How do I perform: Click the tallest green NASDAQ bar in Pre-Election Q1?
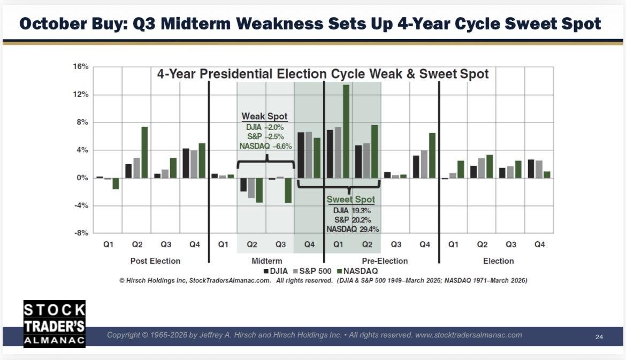(x=346, y=131)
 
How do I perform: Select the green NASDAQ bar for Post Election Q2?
(x=144, y=152)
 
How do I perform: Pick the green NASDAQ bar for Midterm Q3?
(x=288, y=190)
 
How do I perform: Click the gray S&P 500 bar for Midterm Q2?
(x=251, y=188)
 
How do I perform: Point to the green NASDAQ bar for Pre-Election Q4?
(x=432, y=156)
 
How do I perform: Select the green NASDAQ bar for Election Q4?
(x=547, y=175)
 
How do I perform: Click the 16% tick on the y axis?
(x=81, y=67)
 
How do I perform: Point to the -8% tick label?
(x=81, y=233)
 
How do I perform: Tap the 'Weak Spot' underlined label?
(x=264, y=117)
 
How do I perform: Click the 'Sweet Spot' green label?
(x=350, y=200)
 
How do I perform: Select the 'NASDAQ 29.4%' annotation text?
(x=353, y=229)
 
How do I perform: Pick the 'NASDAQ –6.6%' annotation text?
(x=265, y=146)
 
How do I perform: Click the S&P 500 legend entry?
(x=312, y=271)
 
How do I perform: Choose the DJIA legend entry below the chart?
(x=276, y=271)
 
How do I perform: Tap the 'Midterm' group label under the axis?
(x=266, y=261)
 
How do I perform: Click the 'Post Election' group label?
(x=155, y=261)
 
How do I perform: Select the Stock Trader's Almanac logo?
(x=54, y=324)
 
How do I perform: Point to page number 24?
(x=599, y=337)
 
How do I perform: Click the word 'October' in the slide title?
(x=52, y=24)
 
